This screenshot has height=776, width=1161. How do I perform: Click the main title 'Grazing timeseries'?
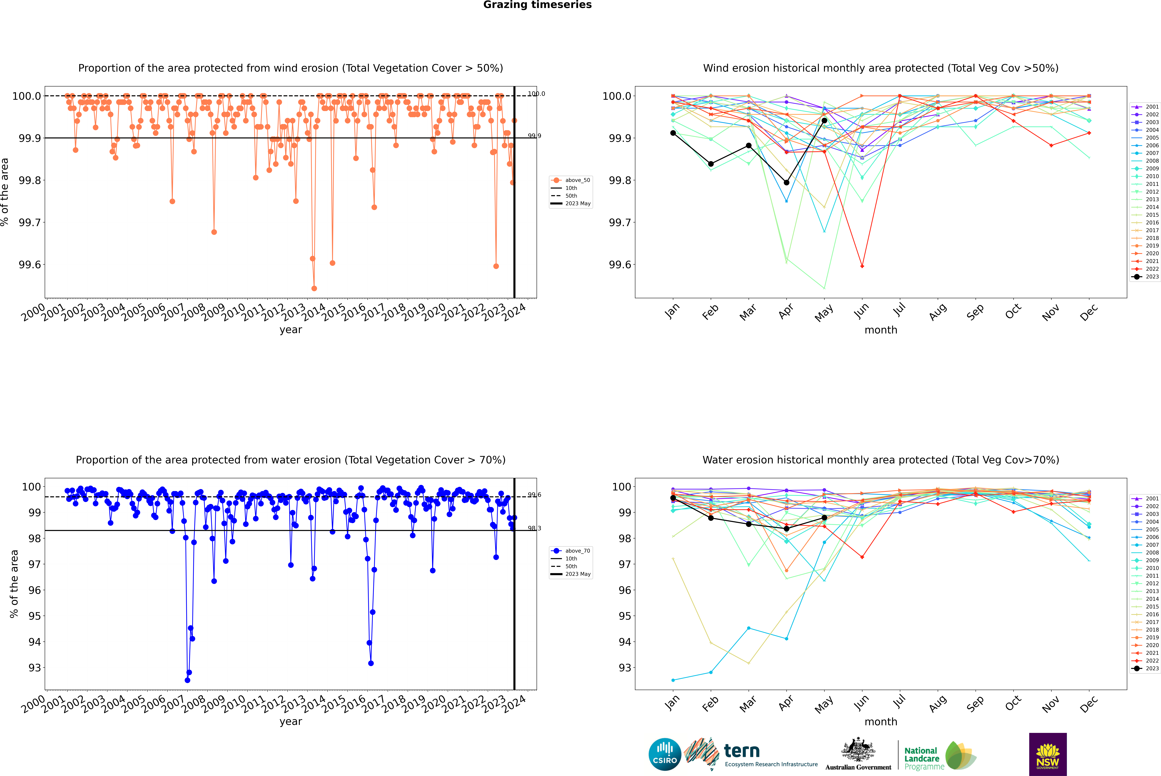[537, 5]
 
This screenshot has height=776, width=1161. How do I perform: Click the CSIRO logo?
[665, 754]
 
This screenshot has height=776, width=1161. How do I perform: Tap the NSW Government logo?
[1048, 754]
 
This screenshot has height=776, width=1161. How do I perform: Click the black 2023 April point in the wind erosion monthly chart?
[786, 183]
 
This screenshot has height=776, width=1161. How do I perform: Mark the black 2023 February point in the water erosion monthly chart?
[711, 518]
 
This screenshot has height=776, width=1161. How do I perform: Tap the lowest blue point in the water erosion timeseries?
[187, 680]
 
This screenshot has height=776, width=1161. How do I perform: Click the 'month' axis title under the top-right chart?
[881, 330]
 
